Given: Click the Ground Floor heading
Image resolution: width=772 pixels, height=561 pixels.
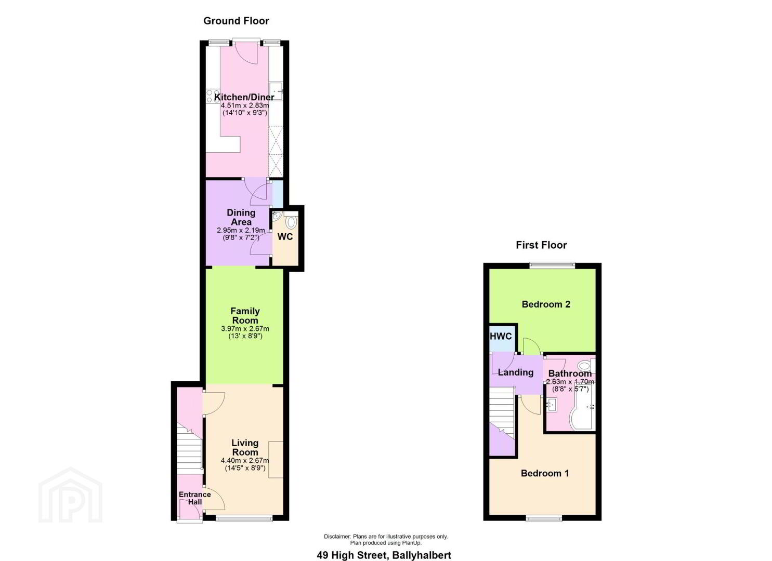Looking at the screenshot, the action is coord(236,21).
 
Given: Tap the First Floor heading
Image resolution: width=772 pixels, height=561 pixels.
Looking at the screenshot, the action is coord(541,245).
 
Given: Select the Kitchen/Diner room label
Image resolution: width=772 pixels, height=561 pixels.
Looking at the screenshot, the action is coord(244,97).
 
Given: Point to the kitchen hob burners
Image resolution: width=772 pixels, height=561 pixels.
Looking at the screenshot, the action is coord(210,96).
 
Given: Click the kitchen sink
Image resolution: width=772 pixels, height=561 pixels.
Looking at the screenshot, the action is coord(276,91).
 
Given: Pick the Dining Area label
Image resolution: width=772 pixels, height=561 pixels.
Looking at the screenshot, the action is coord(241,217).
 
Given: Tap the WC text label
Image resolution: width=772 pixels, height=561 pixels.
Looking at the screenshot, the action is coord(285,237).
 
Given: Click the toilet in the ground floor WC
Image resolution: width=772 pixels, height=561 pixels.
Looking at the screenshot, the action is coord(292,221).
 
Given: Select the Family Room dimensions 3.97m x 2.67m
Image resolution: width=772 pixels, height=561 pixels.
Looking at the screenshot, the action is coord(245,329).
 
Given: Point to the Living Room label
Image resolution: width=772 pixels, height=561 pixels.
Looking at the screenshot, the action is coord(245,448).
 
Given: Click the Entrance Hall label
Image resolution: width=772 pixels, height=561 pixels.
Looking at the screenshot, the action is coord(195,498).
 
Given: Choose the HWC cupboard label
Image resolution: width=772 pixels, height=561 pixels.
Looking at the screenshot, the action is coord(501,337).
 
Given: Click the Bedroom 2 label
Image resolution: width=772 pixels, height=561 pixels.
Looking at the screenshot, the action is coord(546,304).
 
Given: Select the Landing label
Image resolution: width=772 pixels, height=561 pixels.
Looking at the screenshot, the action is coord(516,372).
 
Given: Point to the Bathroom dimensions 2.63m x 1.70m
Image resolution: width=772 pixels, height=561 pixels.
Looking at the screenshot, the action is coord(570,382).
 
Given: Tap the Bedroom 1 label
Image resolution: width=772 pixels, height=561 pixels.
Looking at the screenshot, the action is coord(544,474).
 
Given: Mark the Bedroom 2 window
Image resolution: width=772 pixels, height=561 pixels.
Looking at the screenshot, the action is coord(552,265).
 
